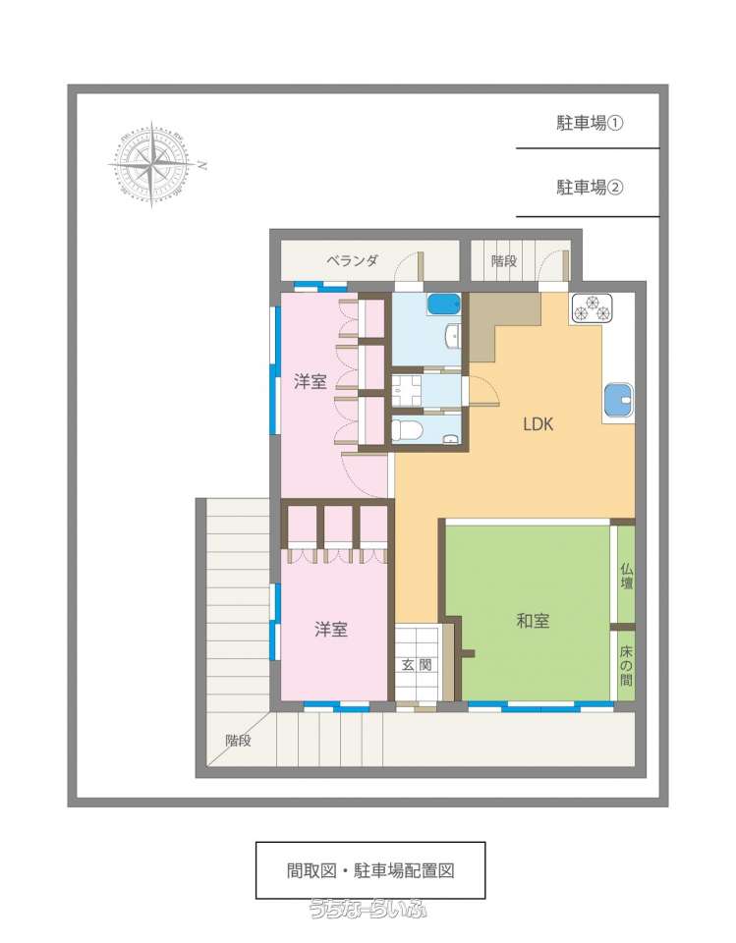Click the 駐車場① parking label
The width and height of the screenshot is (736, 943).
tap(590, 124)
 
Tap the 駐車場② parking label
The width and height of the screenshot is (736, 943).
tap(590, 187)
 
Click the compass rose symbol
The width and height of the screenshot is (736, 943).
tap(152, 164)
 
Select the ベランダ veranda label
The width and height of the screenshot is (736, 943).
tap(353, 261)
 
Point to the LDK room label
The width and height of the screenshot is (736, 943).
tap(538, 424)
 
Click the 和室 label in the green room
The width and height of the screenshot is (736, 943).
tap(533, 620)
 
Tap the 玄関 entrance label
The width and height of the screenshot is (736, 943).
tap(417, 665)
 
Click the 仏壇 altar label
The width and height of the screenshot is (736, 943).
tap(627, 577)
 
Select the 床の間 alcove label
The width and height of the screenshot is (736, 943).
tap(627, 666)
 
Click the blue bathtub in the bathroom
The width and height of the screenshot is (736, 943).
tap(444, 304)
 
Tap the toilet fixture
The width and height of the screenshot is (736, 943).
tap(407, 430)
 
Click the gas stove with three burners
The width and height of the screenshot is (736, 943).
tap(592, 308)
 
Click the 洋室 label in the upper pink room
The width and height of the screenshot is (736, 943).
tap(311, 381)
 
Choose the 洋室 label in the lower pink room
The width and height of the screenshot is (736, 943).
tap(331, 629)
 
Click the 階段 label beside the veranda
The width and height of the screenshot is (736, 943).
tap(504, 261)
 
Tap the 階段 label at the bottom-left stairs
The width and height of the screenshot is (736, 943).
tap(239, 741)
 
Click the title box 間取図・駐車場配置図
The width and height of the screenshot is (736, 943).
tap(370, 870)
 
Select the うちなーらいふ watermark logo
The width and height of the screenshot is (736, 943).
tap(368, 908)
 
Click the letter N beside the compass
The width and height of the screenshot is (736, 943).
tap(202, 165)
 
